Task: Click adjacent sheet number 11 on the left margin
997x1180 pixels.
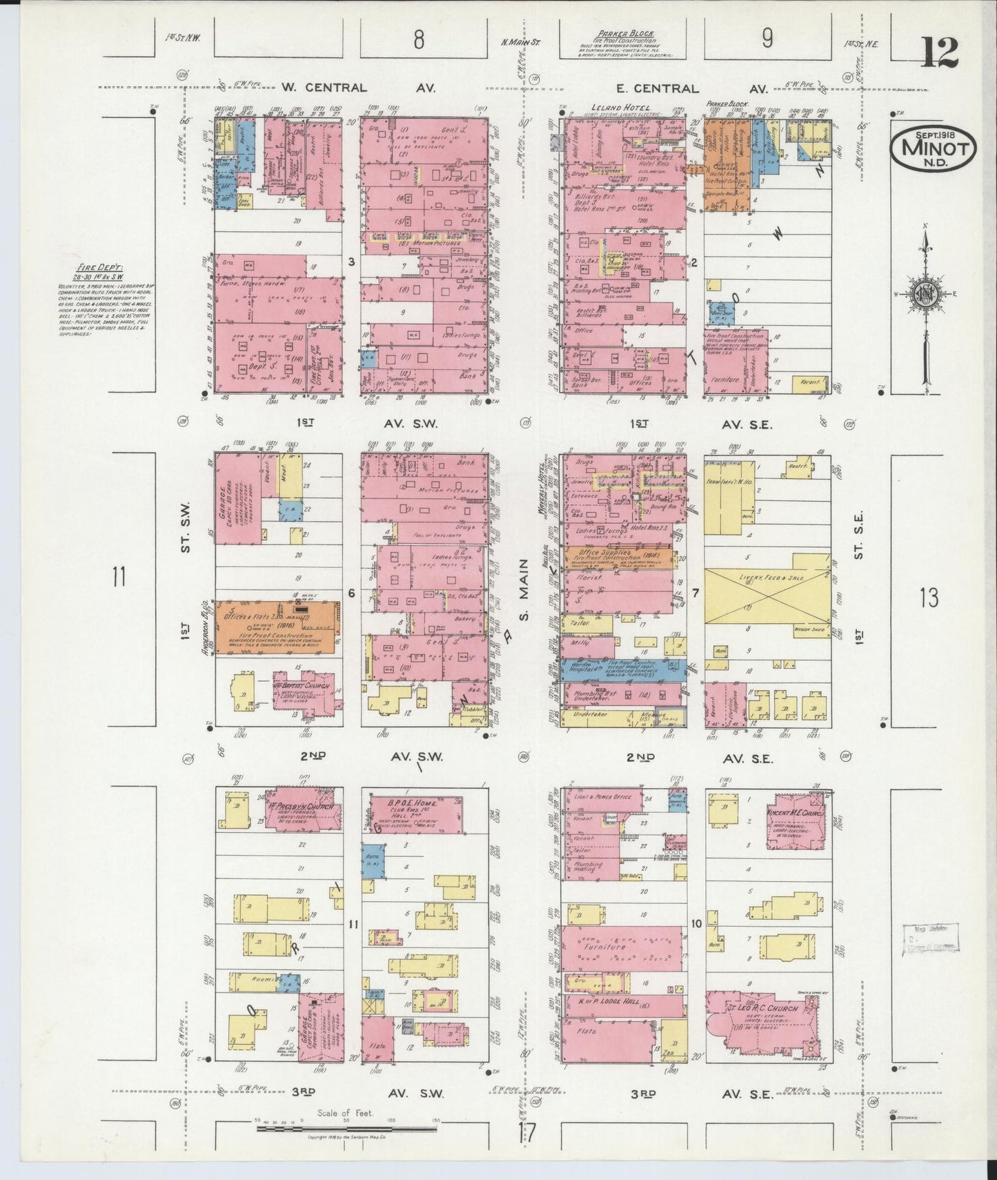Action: (119, 576)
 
